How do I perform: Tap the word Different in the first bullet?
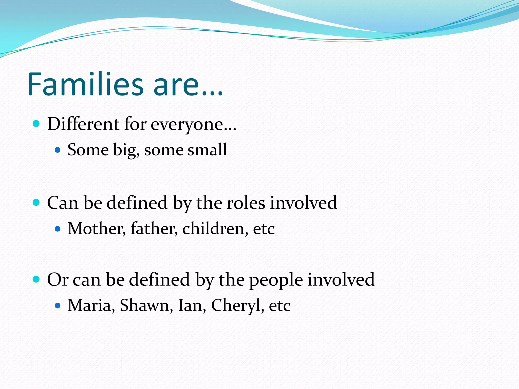[x=83, y=124]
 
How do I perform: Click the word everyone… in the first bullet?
[x=193, y=125]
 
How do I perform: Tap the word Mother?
[x=97, y=229]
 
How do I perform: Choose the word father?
[x=154, y=229]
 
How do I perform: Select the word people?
[x=276, y=280]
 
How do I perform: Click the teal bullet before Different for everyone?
[x=36, y=124]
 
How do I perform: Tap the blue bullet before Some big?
[x=58, y=150]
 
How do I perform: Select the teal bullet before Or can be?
[x=36, y=279]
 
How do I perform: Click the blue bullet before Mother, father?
[x=58, y=229]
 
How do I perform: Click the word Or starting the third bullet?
[x=58, y=280]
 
